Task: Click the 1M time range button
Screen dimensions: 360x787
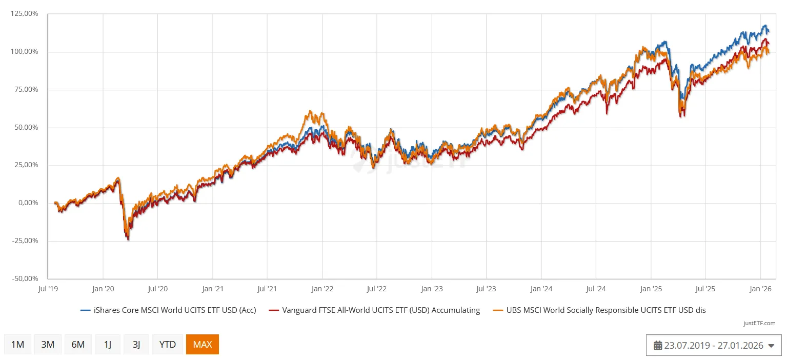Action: click(x=18, y=345)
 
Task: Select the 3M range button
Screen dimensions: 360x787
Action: click(x=48, y=345)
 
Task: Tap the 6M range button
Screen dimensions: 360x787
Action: click(x=78, y=345)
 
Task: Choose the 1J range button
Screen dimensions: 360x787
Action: click(x=108, y=345)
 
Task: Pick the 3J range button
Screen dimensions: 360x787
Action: click(x=136, y=345)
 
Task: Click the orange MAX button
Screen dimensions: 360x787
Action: click(x=203, y=345)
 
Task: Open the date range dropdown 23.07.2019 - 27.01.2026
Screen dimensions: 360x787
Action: click(x=714, y=346)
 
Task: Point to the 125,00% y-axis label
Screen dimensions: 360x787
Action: click(x=24, y=14)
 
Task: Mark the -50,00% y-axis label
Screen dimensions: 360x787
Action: click(x=24, y=278)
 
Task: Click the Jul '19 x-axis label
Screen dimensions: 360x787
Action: click(x=48, y=289)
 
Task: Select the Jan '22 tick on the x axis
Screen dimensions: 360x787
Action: click(x=322, y=289)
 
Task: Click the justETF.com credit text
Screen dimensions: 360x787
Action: click(x=759, y=323)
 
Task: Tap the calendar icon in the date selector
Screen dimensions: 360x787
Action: click(x=658, y=346)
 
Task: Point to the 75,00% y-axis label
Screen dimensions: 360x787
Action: click(x=26, y=89)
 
